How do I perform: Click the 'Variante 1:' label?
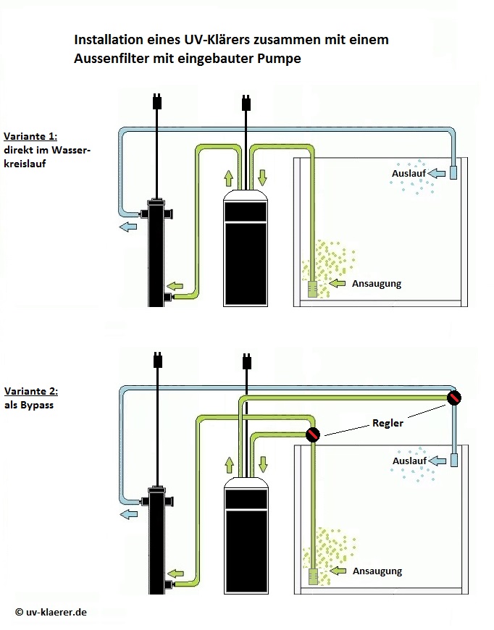30,135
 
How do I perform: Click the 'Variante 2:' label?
30,391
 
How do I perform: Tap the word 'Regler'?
387,423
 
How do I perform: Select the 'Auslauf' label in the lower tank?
408,461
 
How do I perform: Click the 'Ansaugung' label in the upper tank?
376,284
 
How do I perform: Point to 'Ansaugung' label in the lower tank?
377,571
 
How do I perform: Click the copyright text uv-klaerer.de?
51,612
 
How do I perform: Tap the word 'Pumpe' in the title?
277,59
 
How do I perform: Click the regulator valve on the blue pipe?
454,397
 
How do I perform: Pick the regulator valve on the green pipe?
312,435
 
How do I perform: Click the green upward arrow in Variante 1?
229,178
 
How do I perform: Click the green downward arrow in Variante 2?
263,464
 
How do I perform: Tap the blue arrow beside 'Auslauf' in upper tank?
436,174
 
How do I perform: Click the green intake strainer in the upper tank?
313,288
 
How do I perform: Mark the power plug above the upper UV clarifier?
155,101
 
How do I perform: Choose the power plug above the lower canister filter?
246,360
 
